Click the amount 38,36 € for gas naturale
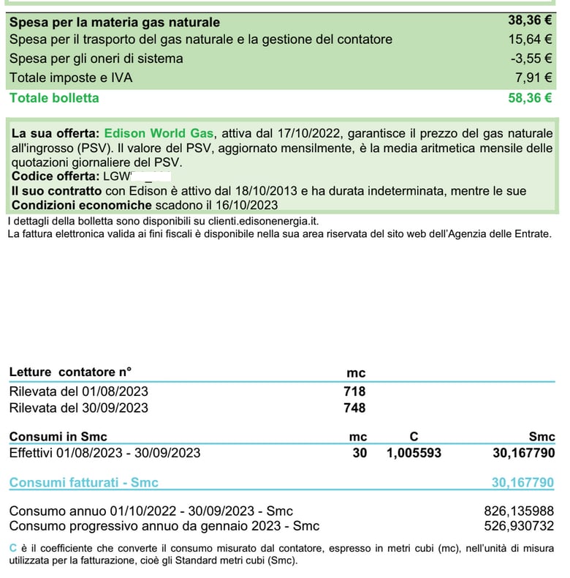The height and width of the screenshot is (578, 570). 530,21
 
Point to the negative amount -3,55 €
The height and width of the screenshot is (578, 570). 531,58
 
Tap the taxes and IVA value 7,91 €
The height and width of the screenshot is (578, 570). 534,77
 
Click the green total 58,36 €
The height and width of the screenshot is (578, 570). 530,97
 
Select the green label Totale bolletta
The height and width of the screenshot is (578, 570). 54,97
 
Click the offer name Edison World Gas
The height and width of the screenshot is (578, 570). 159,133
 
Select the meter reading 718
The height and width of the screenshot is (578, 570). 354,391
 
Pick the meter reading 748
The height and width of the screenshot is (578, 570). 354,408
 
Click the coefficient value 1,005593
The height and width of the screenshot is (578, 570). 414,453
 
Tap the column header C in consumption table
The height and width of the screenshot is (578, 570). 414,437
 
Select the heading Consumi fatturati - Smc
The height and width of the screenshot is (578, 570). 83,483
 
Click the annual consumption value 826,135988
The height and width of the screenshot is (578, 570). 519,511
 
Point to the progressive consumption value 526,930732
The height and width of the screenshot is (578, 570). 519,525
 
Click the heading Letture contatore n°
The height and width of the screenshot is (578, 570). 70,372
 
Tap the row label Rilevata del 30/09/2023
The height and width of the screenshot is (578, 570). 78,408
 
